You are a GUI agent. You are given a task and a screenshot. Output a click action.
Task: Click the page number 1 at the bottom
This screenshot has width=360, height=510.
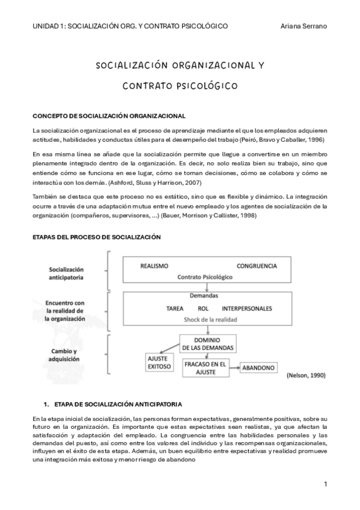pos(325,484)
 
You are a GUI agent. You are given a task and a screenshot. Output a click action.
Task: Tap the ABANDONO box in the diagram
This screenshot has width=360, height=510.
pos(260,367)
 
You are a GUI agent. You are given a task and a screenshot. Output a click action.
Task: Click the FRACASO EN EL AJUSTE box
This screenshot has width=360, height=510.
pos(206,366)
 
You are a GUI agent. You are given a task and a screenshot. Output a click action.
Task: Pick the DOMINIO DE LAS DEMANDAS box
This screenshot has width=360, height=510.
pos(207,343)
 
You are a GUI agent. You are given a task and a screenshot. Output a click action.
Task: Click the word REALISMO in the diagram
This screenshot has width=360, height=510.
pos(154,265)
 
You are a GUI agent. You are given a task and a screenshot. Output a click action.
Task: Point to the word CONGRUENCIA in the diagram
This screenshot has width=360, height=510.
pos(257,265)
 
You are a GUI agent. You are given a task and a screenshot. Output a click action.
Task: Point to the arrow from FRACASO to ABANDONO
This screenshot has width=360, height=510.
pos(235,367)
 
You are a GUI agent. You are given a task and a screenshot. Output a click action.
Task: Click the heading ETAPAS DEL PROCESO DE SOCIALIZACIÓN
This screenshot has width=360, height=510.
pos(96,237)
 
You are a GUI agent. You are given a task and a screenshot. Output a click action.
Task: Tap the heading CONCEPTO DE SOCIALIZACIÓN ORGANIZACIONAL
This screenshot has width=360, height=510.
pos(109,115)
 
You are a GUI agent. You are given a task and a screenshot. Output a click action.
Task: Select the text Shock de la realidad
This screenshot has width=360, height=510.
pos(207,319)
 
